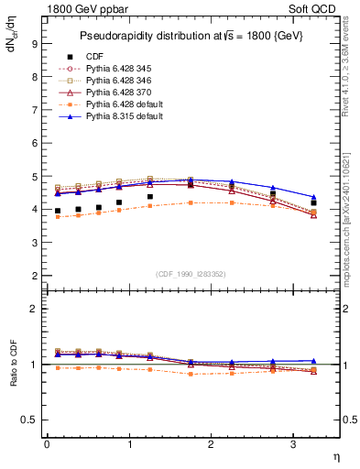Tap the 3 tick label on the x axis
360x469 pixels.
coord(293,444)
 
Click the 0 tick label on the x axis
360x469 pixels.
coord(47,444)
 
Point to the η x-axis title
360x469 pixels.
coord(334,455)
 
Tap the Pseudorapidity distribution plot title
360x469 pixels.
coord(190,34)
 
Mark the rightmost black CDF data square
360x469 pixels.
coord(313,203)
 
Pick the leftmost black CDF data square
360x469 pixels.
coord(58,212)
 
